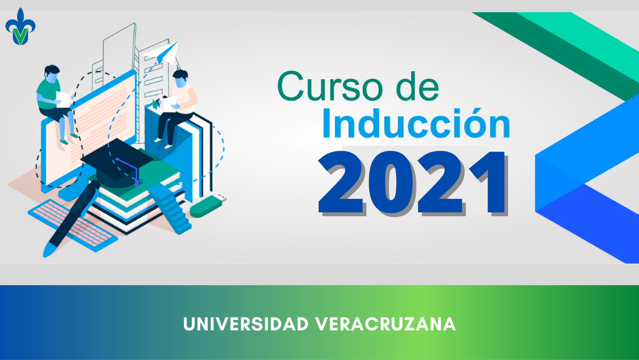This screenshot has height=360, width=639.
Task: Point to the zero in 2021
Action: click(x=391, y=183)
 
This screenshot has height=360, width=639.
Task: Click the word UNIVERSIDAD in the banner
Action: click(x=246, y=324)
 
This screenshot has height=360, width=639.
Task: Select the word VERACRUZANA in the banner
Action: click(x=385, y=324)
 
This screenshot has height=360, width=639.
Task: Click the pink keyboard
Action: click(x=73, y=225)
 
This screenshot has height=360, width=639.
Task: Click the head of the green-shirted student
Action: click(x=52, y=74)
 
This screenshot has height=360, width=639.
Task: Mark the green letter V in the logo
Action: click(x=21, y=36)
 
